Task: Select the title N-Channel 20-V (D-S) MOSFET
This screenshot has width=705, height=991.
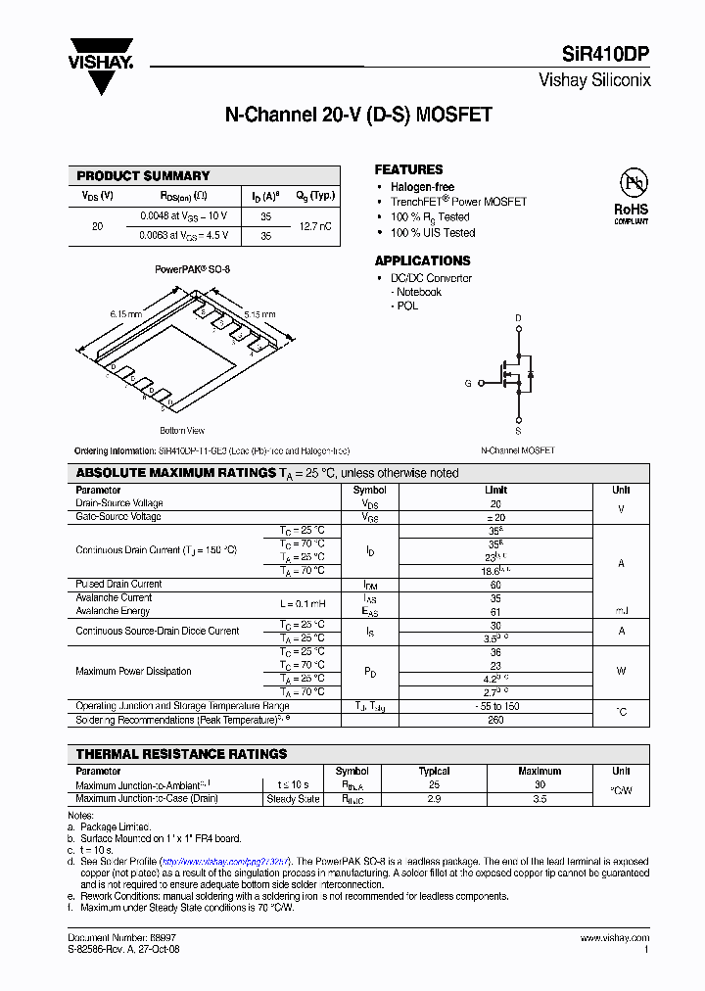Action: pos(358,115)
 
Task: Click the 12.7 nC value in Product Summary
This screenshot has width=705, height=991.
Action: pos(313,225)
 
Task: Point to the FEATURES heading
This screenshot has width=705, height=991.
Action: pos(408,169)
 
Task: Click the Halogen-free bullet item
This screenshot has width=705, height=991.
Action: pos(422,187)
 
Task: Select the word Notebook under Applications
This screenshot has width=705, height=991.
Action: pos(418,292)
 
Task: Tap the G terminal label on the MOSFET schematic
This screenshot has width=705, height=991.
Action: pos(468,383)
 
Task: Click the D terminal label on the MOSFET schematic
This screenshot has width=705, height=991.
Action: pos(518,318)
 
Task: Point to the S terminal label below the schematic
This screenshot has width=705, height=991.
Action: pos(518,430)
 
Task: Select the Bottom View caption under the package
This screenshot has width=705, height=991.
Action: pos(182,431)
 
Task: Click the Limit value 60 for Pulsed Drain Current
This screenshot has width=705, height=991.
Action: pos(495,584)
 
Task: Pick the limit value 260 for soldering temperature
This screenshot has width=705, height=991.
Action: pos(495,720)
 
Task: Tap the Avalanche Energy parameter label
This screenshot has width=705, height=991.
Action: pos(113,611)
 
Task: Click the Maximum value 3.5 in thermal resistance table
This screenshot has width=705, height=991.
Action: pos(540,799)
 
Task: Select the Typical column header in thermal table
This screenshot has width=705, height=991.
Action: pos(434,771)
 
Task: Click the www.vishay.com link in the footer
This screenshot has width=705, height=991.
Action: pos(614,938)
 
